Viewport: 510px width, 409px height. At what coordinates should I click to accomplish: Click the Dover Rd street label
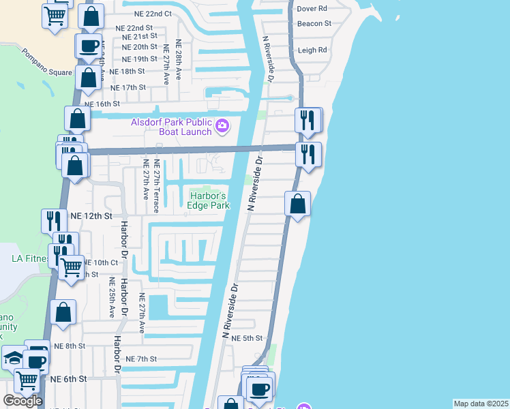[x=313, y=9]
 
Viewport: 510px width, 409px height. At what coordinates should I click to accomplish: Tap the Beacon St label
[x=314, y=23]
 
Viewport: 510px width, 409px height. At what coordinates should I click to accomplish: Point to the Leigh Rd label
[x=312, y=50]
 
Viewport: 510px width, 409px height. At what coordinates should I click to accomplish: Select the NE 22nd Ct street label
[x=148, y=14]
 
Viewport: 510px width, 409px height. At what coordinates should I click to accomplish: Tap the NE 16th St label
[x=102, y=104]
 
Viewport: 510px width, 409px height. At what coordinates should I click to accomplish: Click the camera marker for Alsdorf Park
[x=222, y=125]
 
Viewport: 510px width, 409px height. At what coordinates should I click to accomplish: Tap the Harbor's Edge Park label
[x=208, y=201]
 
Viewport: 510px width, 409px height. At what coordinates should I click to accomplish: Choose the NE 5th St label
[x=247, y=338]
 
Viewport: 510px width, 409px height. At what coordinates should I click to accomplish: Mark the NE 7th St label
[x=141, y=359]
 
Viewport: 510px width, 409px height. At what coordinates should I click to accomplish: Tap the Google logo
[x=22, y=401]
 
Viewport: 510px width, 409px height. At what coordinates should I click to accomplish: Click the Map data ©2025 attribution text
[x=480, y=404]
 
